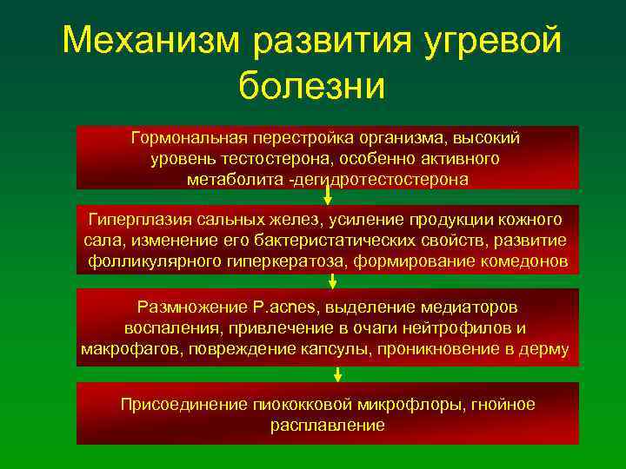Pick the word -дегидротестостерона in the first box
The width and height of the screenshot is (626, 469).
tap(382, 180)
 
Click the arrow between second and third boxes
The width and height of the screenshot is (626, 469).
tap(332, 281)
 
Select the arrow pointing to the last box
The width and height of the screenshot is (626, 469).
tap(337, 374)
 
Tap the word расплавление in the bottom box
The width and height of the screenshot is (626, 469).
tap(327, 426)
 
